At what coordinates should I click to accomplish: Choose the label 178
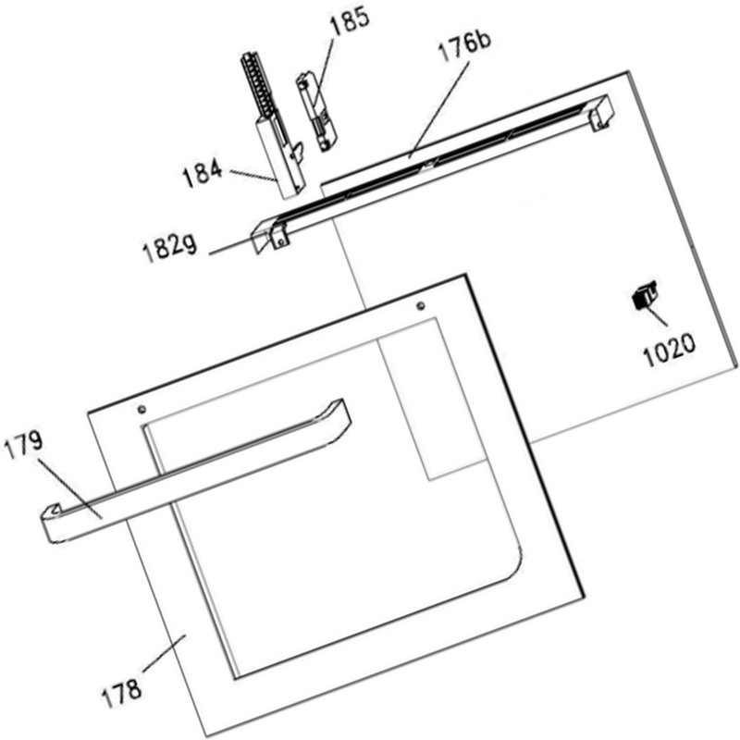point(122,689)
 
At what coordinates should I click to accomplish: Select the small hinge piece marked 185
point(315,111)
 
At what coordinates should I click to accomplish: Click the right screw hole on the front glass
point(421,304)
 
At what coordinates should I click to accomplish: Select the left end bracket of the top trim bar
point(269,231)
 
